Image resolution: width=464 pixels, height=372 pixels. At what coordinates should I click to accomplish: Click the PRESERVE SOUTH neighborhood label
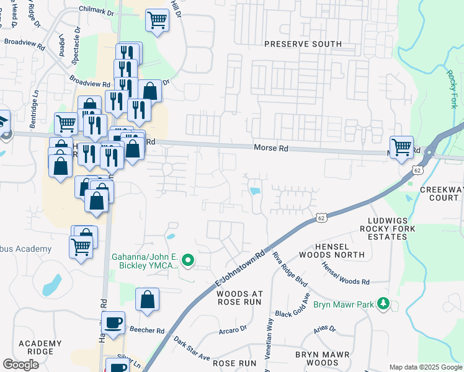302,44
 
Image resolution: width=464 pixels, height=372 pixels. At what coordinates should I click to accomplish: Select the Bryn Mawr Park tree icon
385,303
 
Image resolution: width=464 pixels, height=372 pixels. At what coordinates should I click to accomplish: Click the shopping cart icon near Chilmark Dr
157,20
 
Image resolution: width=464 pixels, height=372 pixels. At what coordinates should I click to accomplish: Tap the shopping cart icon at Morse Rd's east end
401,148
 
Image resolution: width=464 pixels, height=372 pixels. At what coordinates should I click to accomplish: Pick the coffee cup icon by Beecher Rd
114,323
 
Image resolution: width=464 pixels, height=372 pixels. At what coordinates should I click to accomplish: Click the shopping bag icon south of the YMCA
148,300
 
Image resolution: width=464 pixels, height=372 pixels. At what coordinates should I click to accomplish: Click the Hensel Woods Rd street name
346,273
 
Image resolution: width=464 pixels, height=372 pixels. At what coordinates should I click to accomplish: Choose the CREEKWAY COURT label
442,193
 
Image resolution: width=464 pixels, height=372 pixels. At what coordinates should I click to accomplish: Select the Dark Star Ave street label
192,348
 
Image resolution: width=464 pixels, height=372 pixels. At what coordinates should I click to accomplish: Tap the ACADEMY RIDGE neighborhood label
40,348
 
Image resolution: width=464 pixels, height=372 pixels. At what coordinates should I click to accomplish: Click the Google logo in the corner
20,365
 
